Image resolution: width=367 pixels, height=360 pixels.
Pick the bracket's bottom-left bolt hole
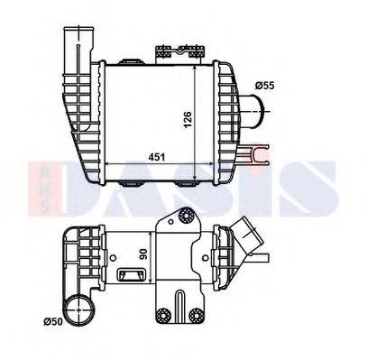pos(163,315)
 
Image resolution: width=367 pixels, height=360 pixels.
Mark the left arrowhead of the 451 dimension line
pos(110,163)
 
